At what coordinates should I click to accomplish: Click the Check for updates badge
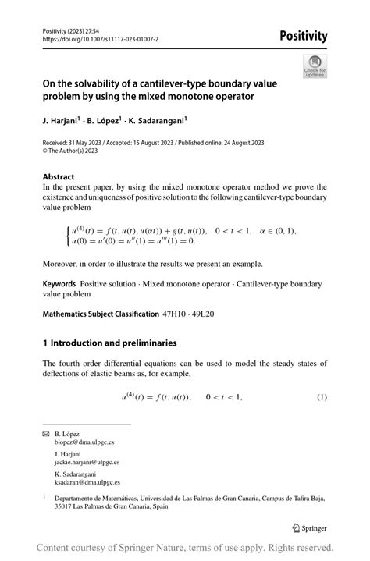tap(315, 66)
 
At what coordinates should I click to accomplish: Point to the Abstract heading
tap(59, 176)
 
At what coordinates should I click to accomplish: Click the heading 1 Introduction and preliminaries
tap(110, 343)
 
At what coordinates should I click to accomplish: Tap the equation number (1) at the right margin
tap(322, 399)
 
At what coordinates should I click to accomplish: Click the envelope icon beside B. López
tap(46, 433)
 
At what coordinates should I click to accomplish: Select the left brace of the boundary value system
tap(68, 236)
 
